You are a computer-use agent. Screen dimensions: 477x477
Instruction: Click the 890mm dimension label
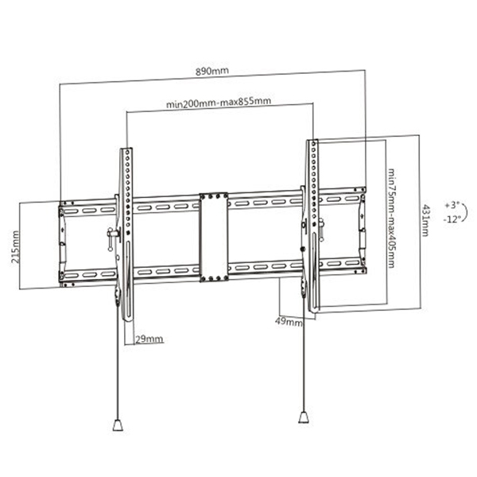pos(212,72)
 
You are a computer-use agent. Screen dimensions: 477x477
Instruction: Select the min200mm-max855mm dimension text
pos(219,103)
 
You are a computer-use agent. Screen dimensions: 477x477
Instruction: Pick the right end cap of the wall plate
pos(361,231)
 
